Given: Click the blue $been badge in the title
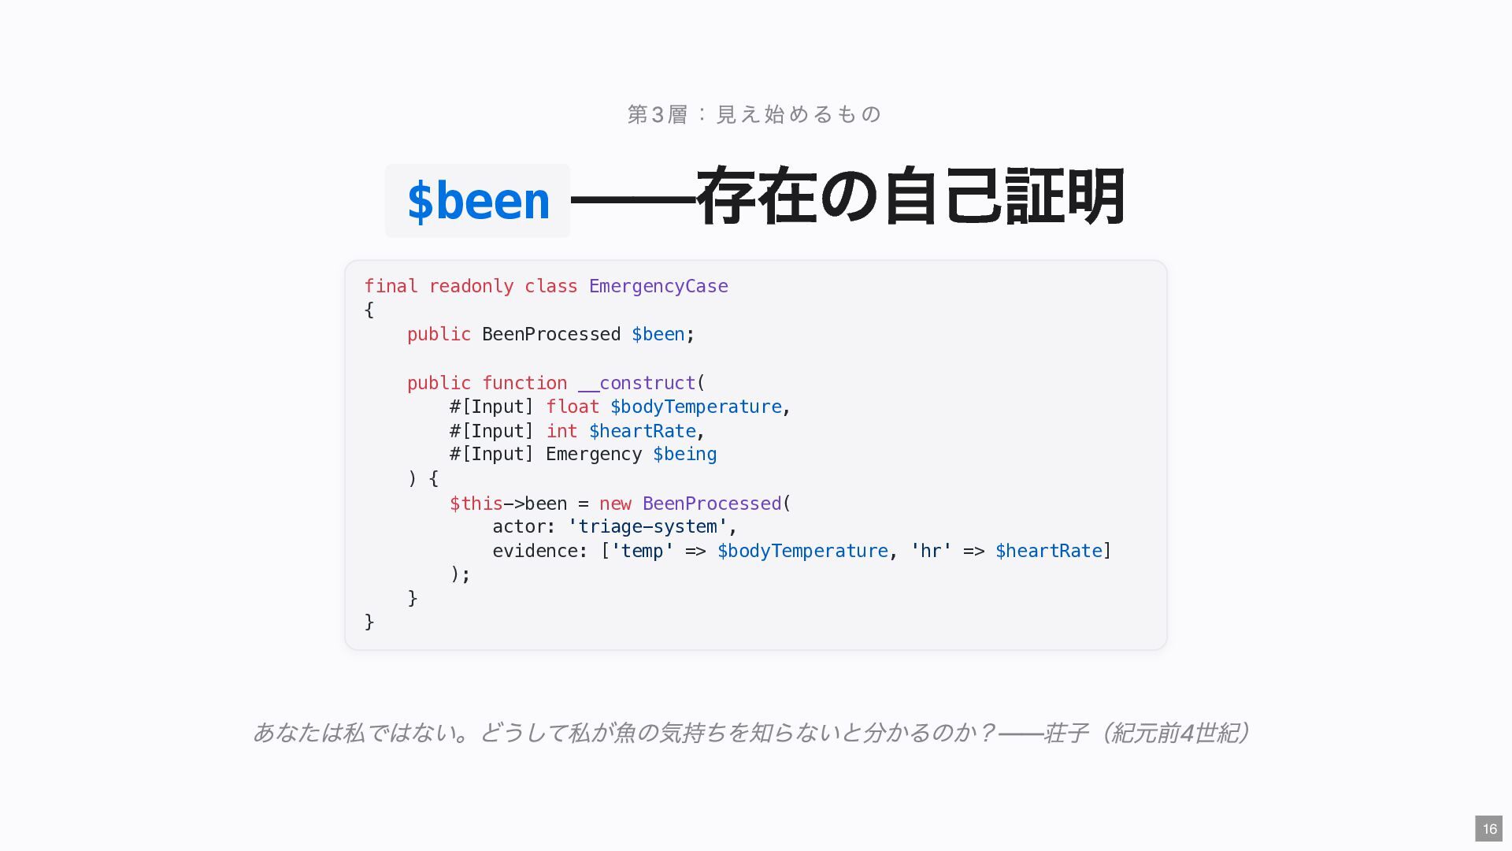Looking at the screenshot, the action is pyautogui.click(x=477, y=200).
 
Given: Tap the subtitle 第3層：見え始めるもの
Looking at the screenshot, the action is pyautogui.click(x=754, y=114).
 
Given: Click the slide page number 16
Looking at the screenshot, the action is pyautogui.click(x=1489, y=829).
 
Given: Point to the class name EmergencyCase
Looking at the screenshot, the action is pyautogui.click(x=658, y=286).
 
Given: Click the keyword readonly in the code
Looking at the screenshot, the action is pyautogui.click(x=471, y=286).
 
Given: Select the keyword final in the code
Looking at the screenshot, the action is pyautogui.click(x=391, y=286).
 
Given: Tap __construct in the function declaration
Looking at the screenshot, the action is pyautogui.click(x=637, y=383).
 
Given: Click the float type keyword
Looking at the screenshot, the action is pyautogui.click(x=573, y=407).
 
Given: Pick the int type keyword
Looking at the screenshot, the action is pyautogui.click(x=561, y=431).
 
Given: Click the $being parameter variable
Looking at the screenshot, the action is pyautogui.click(x=684, y=455).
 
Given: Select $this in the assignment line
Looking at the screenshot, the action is pyautogui.click(x=476, y=504).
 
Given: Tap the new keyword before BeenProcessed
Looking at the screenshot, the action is pyautogui.click(x=615, y=504).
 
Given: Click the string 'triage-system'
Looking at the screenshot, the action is pyautogui.click(x=647, y=526).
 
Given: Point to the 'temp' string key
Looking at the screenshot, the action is pyautogui.click(x=642, y=551).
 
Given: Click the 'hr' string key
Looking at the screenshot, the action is pyautogui.click(x=931, y=551).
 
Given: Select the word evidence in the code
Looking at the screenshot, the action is pyautogui.click(x=535, y=551).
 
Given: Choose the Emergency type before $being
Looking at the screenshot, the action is pyautogui.click(x=594, y=455).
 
